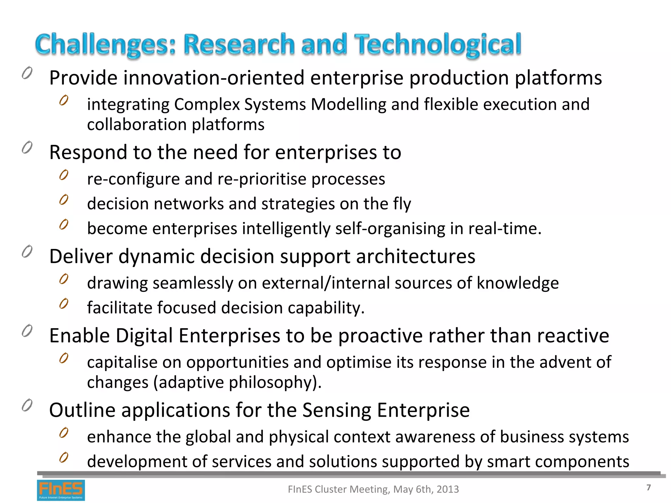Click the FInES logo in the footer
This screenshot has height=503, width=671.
[61, 490]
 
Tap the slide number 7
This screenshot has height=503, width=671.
[648, 488]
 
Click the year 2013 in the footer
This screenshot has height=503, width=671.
[448, 489]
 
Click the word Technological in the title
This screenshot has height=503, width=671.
[438, 45]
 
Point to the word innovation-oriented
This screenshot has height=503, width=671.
[214, 78]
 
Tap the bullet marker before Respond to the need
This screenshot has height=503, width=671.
[27, 148]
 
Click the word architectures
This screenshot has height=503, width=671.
[415, 256]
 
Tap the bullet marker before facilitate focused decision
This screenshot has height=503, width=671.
[64, 304]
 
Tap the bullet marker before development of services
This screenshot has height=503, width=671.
[64, 457]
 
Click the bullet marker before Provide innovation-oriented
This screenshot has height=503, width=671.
[27, 73]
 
